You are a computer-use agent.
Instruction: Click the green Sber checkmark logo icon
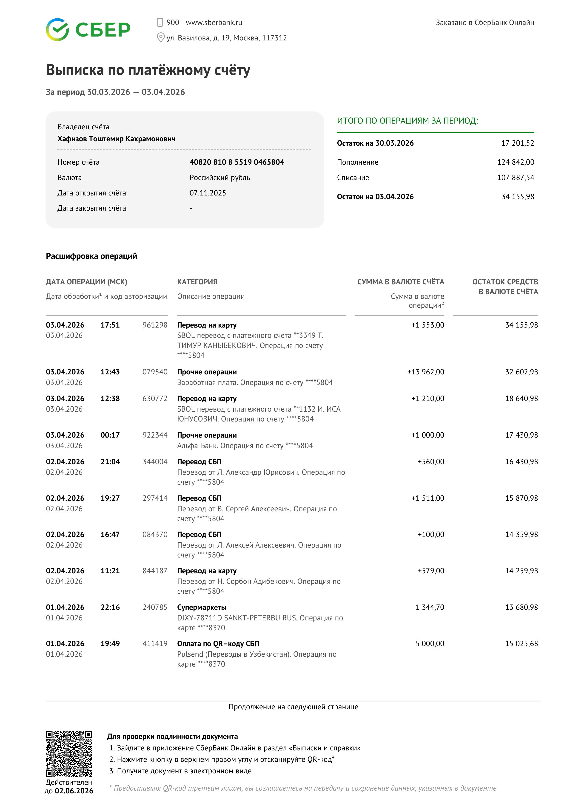click(x=57, y=29)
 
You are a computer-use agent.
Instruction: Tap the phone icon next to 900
click(x=160, y=23)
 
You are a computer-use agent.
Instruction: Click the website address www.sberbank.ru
click(x=214, y=23)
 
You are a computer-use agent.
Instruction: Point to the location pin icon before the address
click(x=160, y=38)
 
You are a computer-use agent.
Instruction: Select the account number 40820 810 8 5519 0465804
click(x=237, y=162)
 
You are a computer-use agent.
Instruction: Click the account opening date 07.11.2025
click(x=208, y=193)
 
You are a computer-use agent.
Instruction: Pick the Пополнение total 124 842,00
click(x=515, y=162)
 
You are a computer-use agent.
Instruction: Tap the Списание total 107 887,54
click(x=515, y=178)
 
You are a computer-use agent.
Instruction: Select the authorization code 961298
click(x=155, y=325)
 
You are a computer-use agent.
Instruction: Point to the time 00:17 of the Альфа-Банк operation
click(x=110, y=435)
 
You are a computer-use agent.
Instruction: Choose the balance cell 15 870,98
click(x=521, y=498)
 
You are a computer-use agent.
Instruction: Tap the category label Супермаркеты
click(x=202, y=607)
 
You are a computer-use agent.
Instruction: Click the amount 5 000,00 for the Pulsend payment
click(x=430, y=643)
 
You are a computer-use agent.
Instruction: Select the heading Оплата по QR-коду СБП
click(x=218, y=643)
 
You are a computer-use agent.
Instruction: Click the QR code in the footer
click(x=69, y=754)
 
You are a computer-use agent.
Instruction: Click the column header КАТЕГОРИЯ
click(x=197, y=282)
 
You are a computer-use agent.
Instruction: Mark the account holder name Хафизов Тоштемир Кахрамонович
click(x=116, y=139)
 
